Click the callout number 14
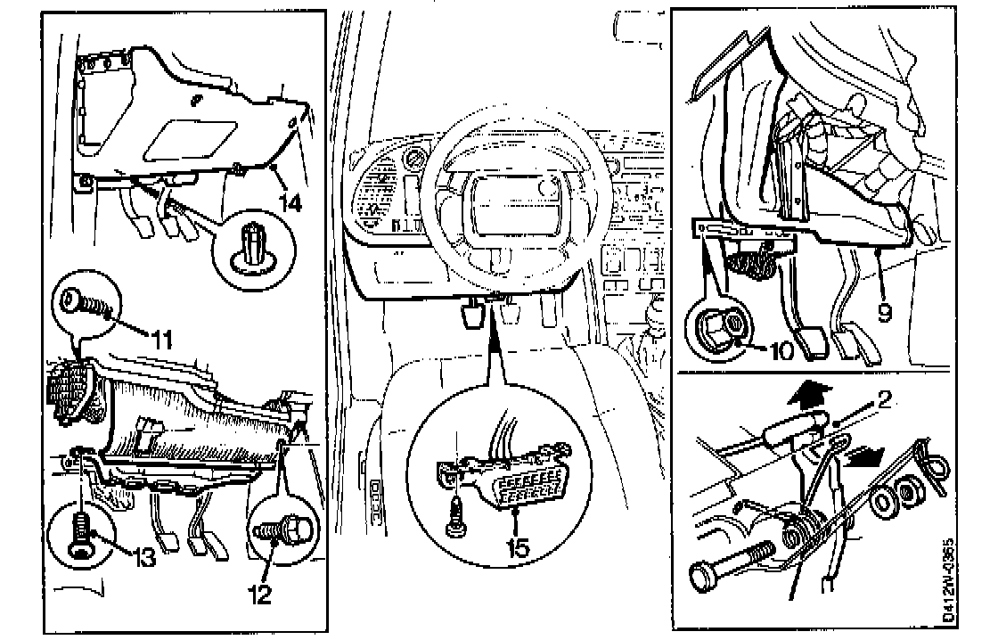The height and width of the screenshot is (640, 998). (x=290, y=203)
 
